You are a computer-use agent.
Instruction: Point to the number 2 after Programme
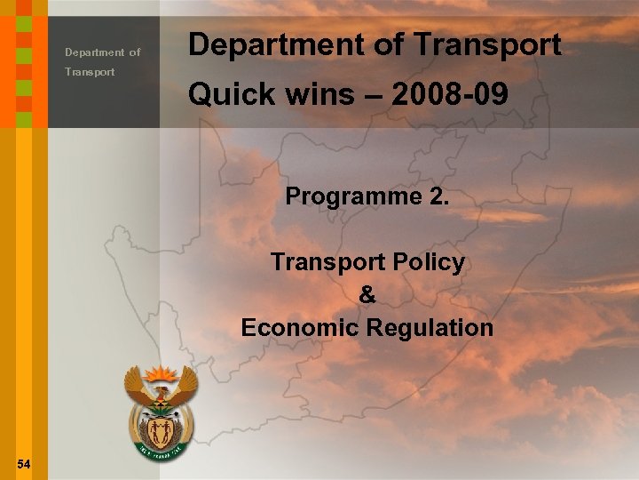click(439, 196)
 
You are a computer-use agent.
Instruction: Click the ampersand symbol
click(367, 295)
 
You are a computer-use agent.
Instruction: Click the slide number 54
click(23, 463)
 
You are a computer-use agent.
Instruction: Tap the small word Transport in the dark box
click(89, 72)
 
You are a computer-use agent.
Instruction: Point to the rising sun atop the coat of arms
click(161, 374)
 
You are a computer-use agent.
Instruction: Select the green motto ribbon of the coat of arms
click(161, 456)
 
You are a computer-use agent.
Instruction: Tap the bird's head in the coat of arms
click(160, 392)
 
